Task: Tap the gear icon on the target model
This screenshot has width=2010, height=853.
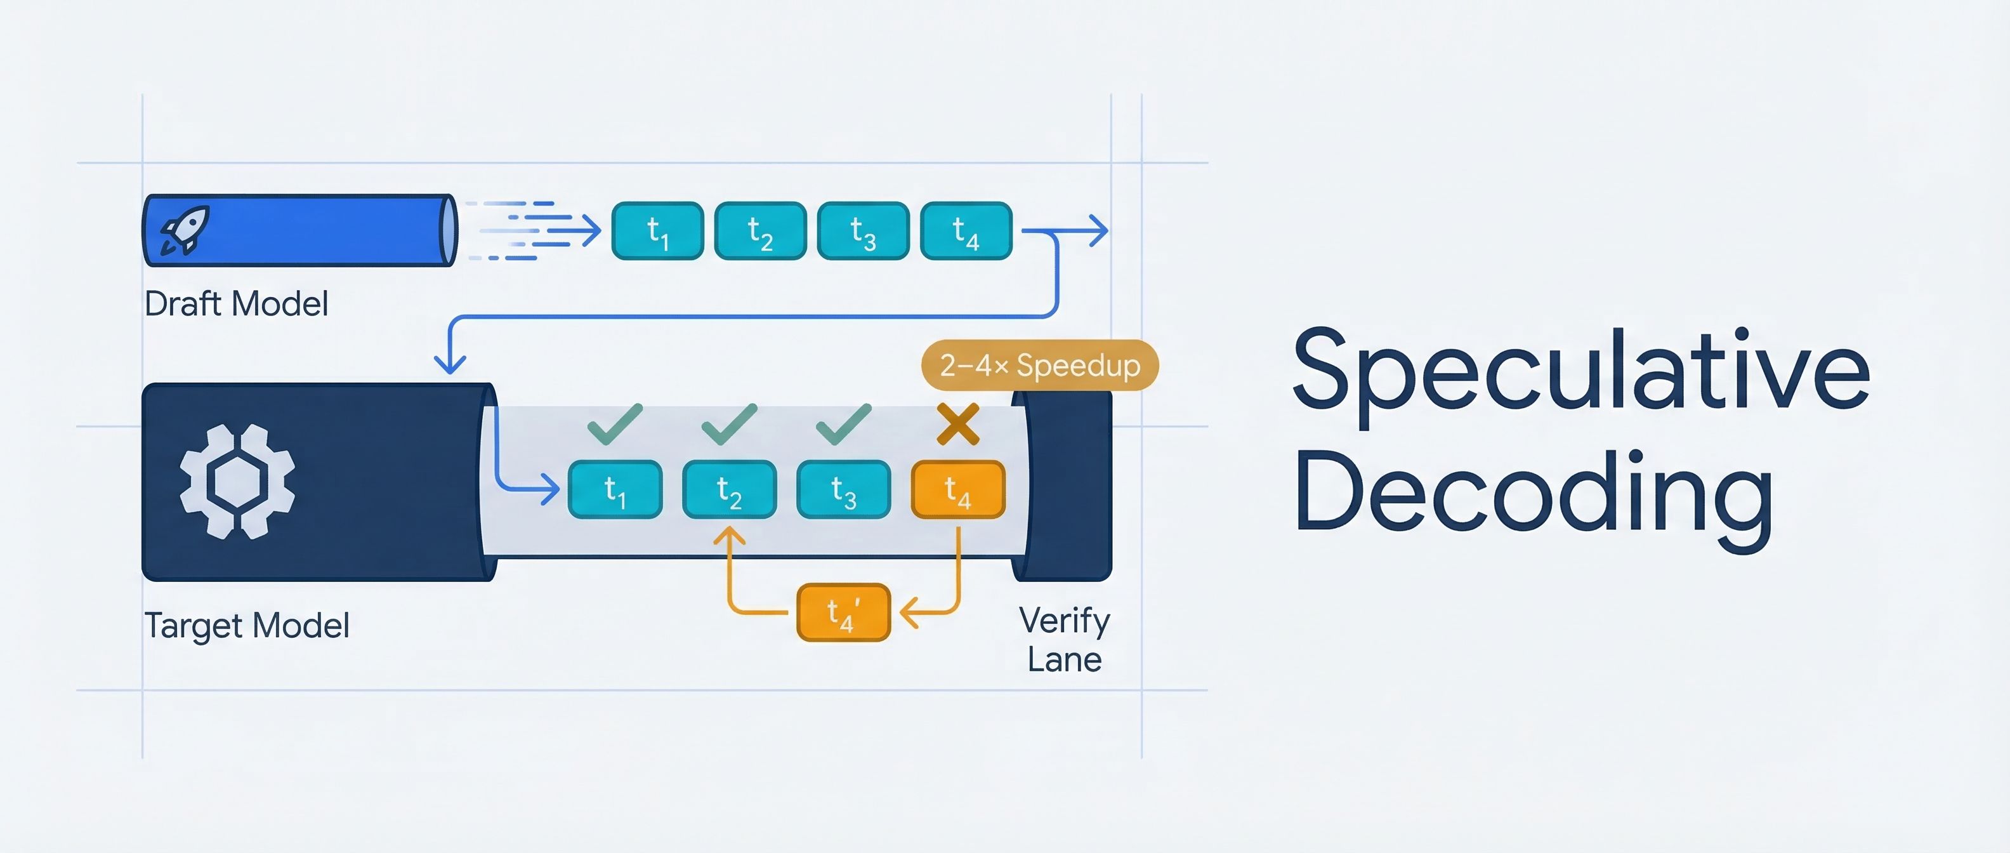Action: [237, 482]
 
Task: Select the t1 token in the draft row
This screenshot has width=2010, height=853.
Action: [658, 231]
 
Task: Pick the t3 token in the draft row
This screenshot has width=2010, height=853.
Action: [863, 231]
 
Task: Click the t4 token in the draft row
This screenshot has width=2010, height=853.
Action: [966, 231]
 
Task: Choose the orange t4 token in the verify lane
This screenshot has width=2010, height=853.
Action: [957, 490]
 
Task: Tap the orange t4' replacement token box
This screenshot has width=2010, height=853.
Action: [843, 612]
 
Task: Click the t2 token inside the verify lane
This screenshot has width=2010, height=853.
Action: [729, 490]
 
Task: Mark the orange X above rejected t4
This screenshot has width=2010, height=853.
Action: [957, 425]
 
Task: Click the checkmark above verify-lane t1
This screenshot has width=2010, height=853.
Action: [615, 424]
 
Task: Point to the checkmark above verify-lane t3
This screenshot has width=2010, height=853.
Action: [843, 424]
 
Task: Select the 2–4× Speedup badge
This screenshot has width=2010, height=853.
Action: [1039, 365]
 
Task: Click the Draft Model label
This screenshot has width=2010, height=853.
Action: [235, 303]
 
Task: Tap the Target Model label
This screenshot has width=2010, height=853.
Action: [247, 626]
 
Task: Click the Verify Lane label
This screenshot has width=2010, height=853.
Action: [1064, 640]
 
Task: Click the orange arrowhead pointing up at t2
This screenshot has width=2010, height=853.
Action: [730, 536]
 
